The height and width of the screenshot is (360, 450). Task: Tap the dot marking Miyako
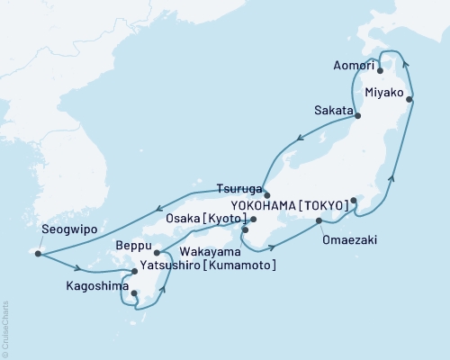coord(410,100)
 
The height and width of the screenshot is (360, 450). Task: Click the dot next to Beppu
coord(157,253)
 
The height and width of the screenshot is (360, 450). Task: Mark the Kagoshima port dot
coord(133,292)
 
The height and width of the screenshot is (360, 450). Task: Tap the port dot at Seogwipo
coord(38,254)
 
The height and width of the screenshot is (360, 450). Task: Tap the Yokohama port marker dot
coord(354,200)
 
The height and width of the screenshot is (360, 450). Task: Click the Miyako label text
coord(385,92)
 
